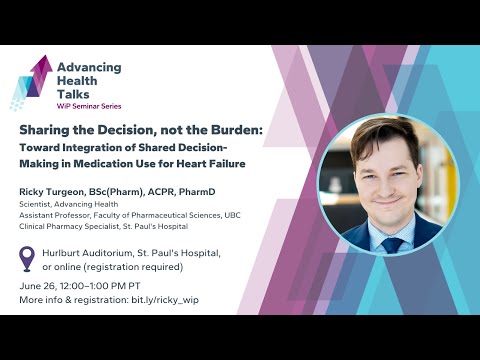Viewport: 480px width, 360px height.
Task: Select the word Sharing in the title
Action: click(x=46, y=130)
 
